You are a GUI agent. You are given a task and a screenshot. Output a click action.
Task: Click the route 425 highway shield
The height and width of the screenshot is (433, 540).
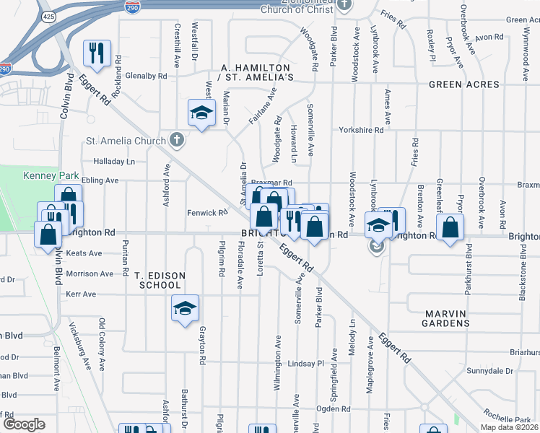coord(47,16)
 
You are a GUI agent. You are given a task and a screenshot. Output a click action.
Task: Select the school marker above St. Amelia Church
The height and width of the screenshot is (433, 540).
coord(202,113)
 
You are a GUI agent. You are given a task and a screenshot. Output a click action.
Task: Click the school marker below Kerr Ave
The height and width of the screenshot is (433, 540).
coord(186,309)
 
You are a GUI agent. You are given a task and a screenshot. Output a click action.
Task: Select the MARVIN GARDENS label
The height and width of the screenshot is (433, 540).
coord(457,318)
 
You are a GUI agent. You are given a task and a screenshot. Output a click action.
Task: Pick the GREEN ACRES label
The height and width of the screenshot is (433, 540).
coord(463,84)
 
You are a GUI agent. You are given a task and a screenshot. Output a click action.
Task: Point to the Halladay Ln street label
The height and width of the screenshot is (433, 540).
coord(114,162)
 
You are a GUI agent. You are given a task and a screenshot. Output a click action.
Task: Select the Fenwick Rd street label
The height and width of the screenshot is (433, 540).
coord(207,213)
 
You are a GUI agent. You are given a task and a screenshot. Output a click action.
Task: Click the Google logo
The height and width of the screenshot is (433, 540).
coord(24,424)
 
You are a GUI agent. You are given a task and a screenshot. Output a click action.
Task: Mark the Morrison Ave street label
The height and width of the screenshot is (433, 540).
coord(90,274)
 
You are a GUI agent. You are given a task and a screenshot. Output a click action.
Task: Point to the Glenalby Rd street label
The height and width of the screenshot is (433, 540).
coord(147,75)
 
